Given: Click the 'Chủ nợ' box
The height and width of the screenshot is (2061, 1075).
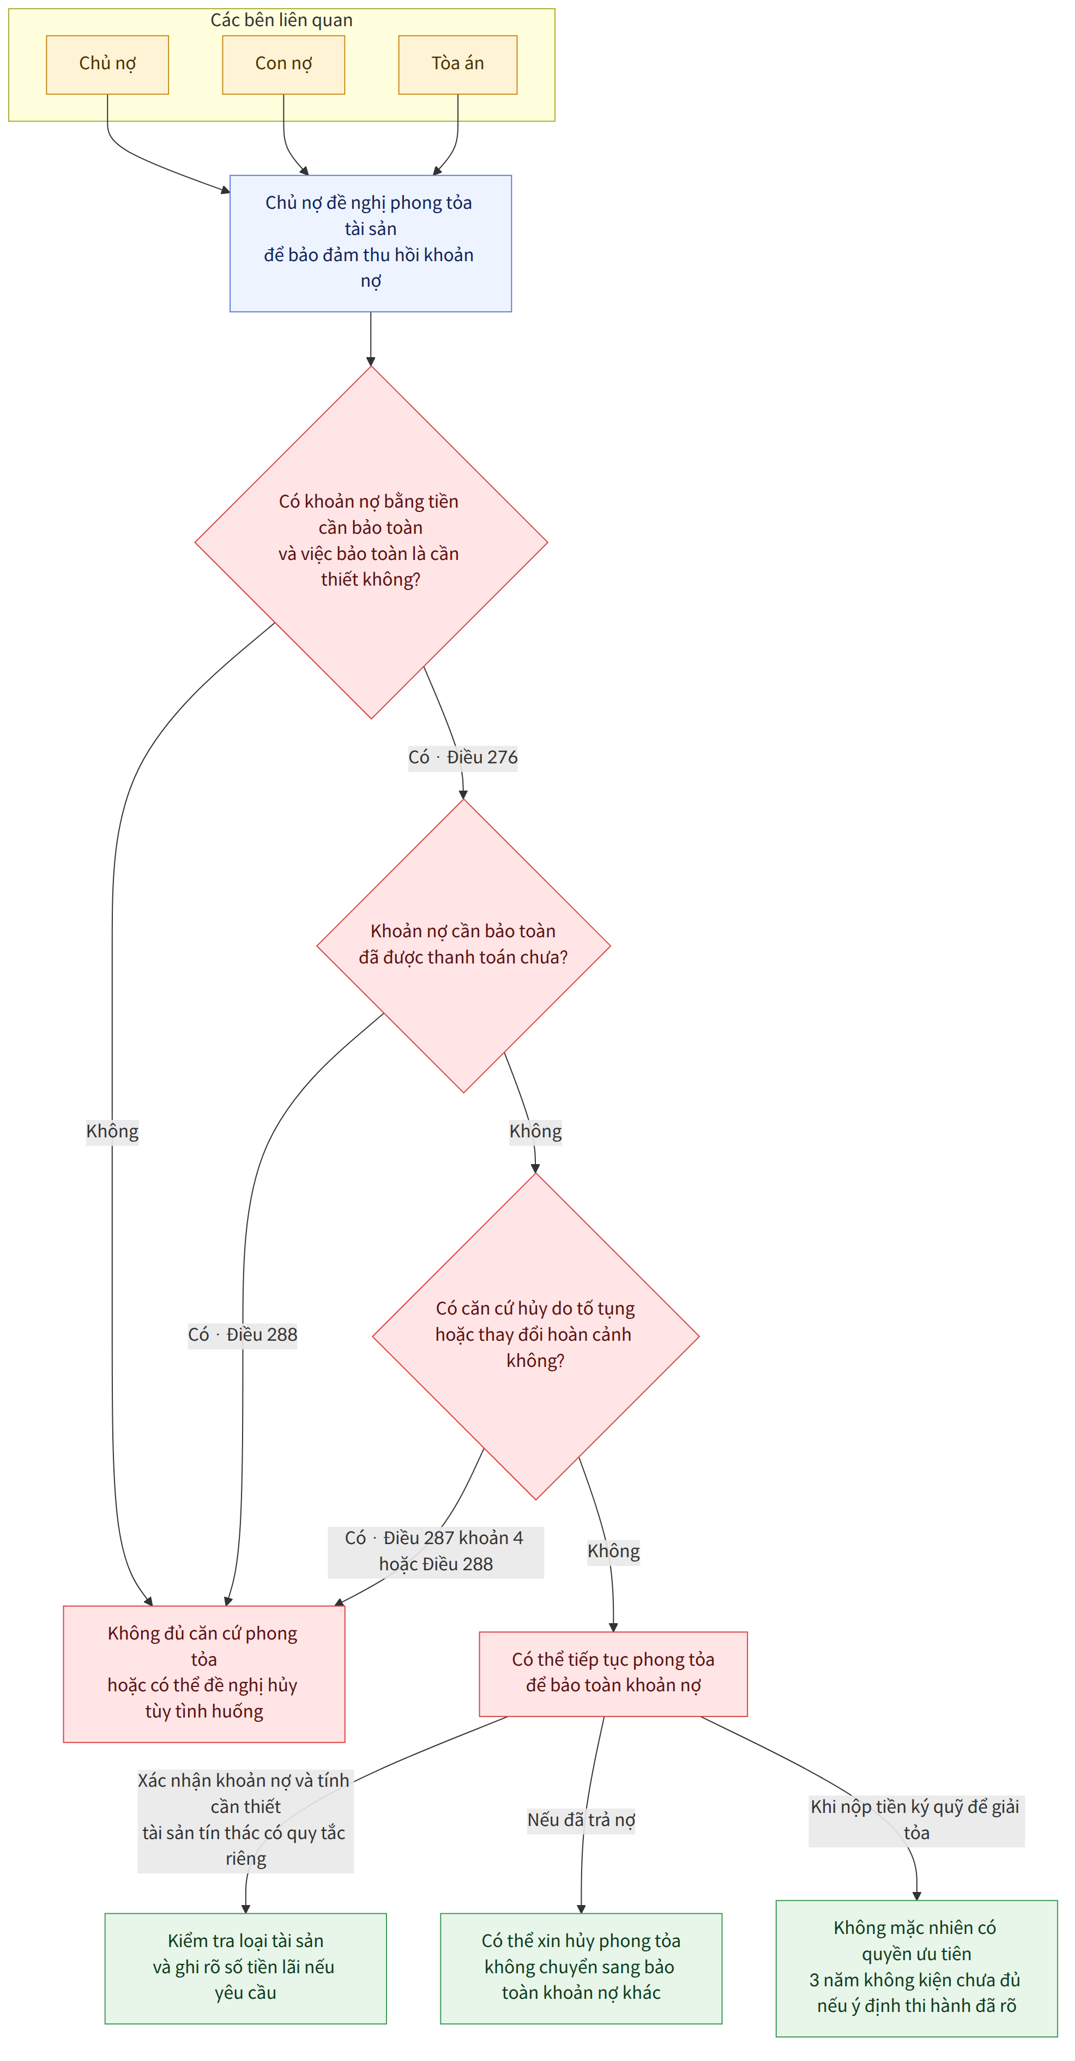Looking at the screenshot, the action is pyautogui.click(x=107, y=65).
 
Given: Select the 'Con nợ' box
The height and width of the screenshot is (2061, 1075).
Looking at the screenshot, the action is pyautogui.click(x=283, y=65).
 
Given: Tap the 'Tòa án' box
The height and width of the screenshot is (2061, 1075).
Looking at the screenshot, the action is pyautogui.click(x=457, y=65).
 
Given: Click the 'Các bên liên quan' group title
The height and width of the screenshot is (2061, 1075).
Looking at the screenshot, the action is pyautogui.click(x=281, y=20).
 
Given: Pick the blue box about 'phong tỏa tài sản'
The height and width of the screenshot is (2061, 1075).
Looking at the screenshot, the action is pyautogui.click(x=370, y=243).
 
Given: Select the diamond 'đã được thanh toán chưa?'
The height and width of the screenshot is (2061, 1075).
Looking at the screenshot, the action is pyautogui.click(x=463, y=945).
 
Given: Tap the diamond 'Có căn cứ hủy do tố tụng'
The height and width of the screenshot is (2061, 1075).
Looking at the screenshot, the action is pyautogui.click(x=536, y=1336).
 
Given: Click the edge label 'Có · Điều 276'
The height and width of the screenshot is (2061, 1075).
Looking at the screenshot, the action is pyautogui.click(x=463, y=757).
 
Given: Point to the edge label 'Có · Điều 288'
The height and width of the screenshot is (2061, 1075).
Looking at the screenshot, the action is pyautogui.click(x=243, y=1335).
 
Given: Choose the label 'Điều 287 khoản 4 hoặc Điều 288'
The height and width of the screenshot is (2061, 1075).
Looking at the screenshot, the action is pyautogui.click(x=436, y=1551).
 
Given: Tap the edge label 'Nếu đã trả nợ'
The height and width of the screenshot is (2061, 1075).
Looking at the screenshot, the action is pyautogui.click(x=582, y=1819).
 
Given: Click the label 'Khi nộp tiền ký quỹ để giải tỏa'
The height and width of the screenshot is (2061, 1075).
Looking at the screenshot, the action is pyautogui.click(x=916, y=1819).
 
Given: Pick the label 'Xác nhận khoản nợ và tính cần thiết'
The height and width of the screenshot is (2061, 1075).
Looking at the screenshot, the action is pyautogui.click(x=245, y=1819).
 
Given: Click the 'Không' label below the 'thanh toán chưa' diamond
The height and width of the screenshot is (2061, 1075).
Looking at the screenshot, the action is pyautogui.click(x=536, y=1131).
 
